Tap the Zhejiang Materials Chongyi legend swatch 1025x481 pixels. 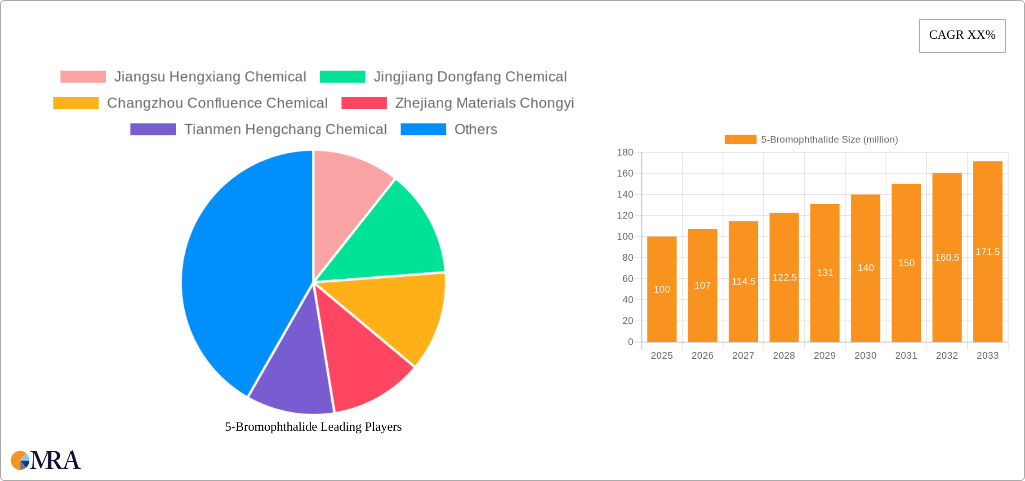(364, 103)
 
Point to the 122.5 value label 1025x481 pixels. (784, 277)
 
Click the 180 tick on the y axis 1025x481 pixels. (625, 152)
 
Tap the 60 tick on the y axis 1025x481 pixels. (628, 279)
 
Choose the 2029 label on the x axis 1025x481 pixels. (824, 356)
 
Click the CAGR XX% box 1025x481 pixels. (962, 36)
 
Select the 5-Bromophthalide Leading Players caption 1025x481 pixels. (313, 427)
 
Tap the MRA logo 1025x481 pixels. (46, 460)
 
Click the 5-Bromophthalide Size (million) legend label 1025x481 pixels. (829, 140)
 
